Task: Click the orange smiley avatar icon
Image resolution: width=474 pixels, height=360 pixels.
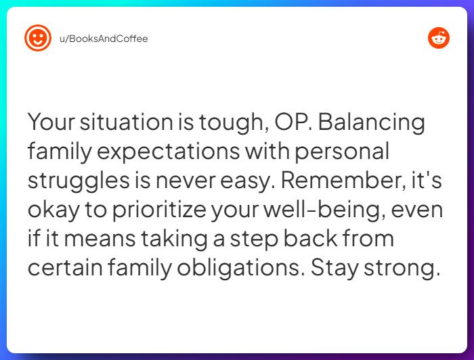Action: click(x=37, y=38)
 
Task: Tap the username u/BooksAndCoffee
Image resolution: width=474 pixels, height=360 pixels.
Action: click(x=104, y=39)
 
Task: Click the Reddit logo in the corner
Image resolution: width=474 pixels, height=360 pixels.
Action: click(x=439, y=38)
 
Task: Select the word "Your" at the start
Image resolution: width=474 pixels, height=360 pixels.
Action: click(x=51, y=123)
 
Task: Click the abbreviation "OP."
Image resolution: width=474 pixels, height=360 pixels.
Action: click(x=293, y=123)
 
